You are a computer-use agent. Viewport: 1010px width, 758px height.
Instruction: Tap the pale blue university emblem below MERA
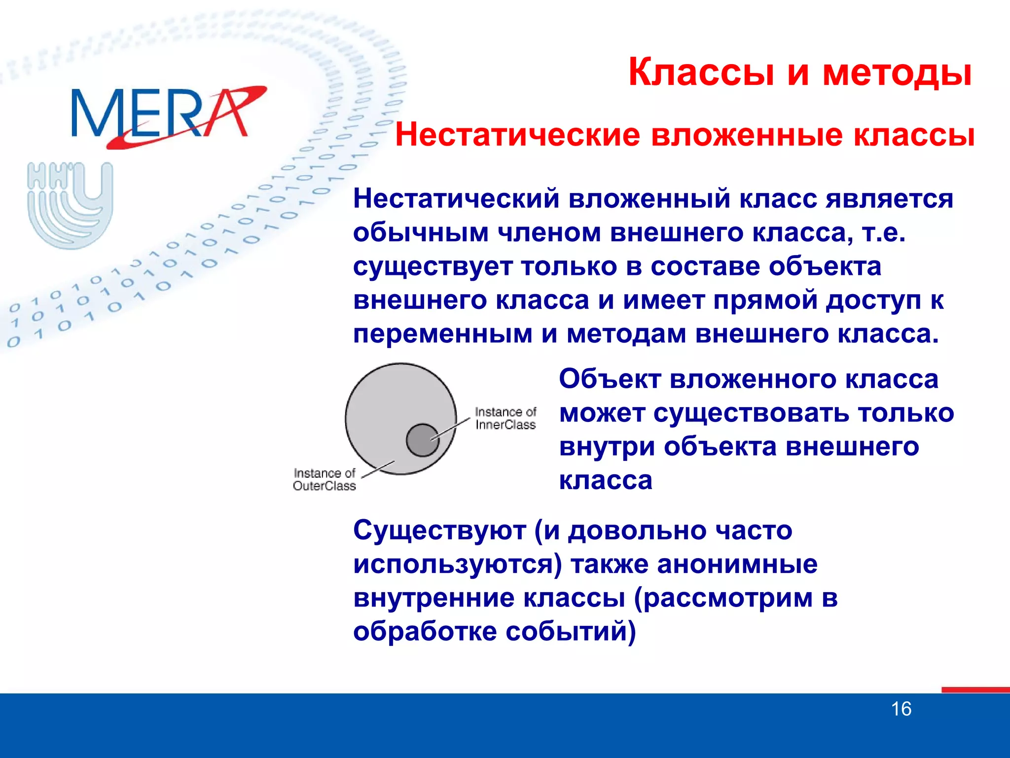pos(70,205)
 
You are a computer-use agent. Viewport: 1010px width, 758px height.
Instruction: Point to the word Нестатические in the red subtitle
pos(517,135)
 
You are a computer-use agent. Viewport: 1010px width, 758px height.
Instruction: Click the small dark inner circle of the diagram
pos(422,440)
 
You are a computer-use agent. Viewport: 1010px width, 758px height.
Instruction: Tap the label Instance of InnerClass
pos(505,418)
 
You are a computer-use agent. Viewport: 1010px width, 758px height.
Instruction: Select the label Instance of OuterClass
pos(324,480)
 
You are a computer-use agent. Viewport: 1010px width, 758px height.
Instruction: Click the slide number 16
pos(901,709)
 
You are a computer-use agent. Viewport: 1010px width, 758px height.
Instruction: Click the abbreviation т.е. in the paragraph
pos(883,233)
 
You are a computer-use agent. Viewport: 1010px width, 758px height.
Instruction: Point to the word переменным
pos(442,334)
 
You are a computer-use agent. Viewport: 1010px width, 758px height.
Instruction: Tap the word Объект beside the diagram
pos(610,379)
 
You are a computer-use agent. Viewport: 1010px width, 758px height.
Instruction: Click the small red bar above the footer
pos(975,689)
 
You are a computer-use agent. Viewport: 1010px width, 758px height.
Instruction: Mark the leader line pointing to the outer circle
pos(378,469)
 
